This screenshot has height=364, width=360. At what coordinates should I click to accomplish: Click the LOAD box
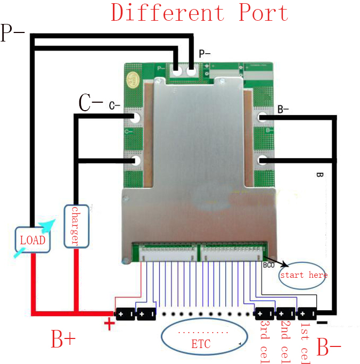click(32, 239)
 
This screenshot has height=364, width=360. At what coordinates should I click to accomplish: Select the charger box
click(75, 226)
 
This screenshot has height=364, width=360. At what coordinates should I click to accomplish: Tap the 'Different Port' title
click(199, 13)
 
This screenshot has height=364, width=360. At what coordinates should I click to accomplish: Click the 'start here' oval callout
click(302, 275)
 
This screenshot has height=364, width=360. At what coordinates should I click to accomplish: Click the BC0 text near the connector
click(269, 264)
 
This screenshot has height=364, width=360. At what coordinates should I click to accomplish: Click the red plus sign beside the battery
click(109, 323)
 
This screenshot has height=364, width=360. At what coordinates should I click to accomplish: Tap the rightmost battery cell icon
click(307, 314)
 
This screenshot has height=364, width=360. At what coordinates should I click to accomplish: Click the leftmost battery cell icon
click(125, 314)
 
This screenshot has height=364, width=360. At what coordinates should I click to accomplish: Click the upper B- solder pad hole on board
click(262, 118)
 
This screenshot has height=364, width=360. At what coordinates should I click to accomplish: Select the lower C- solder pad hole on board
click(136, 160)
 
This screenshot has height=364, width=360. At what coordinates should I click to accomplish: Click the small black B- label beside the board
click(283, 110)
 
